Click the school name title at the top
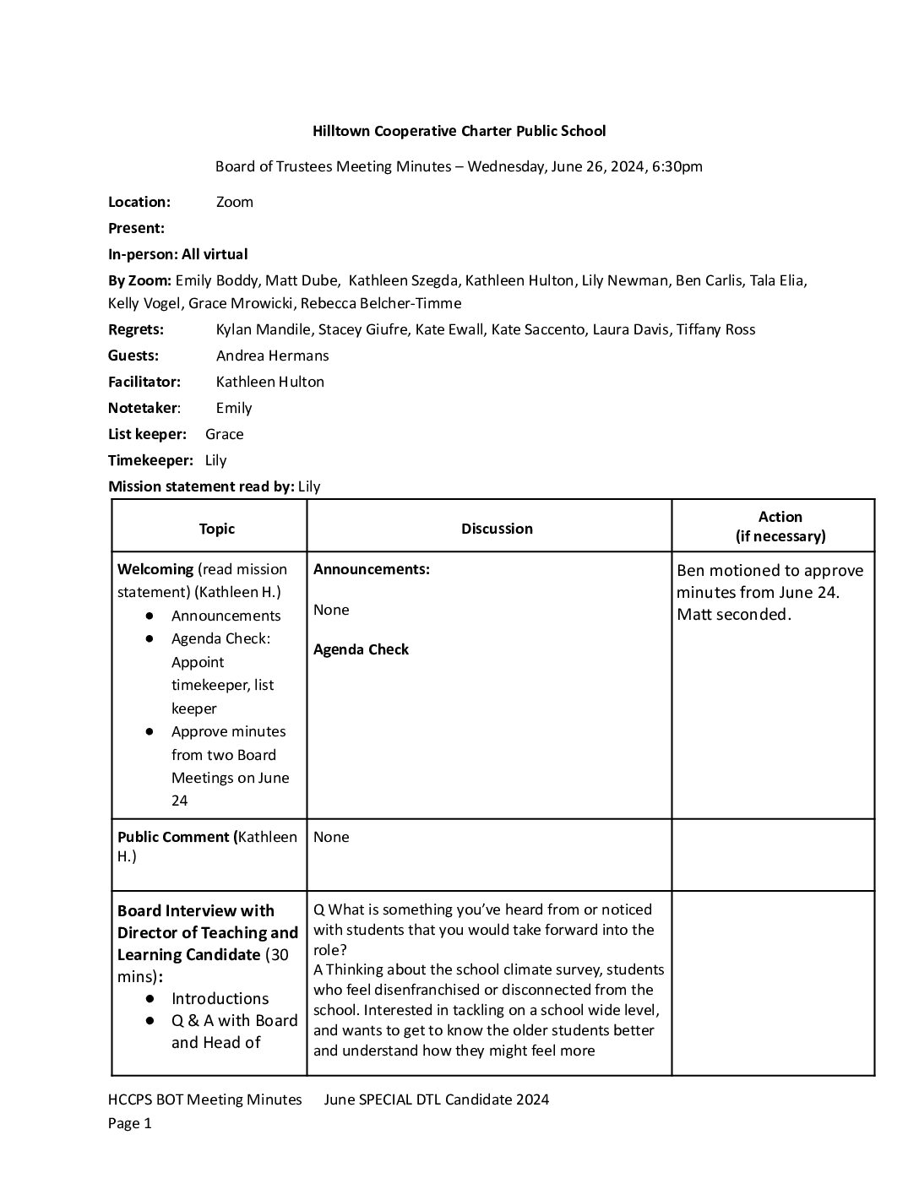pyautogui.click(x=459, y=131)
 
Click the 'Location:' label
pyautogui.click(x=139, y=202)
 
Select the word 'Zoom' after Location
pyautogui.click(x=234, y=202)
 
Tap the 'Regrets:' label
pyautogui.click(x=136, y=329)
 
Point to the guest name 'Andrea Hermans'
pyautogui.click(x=272, y=356)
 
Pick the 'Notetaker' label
pyautogui.click(x=143, y=408)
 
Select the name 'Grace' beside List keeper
pyautogui.click(x=224, y=434)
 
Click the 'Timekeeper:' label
pyautogui.click(x=150, y=460)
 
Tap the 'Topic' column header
pyautogui.click(x=216, y=529)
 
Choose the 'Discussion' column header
pyautogui.click(x=497, y=529)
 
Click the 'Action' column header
pyautogui.click(x=780, y=517)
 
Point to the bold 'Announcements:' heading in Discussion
pyautogui.click(x=372, y=569)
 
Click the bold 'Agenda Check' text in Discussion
pyautogui.click(x=361, y=649)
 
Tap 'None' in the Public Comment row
pyautogui.click(x=331, y=837)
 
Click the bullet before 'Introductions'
pyautogui.click(x=150, y=998)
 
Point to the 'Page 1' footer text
pyautogui.click(x=129, y=1123)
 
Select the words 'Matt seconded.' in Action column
pyautogui.click(x=734, y=615)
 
